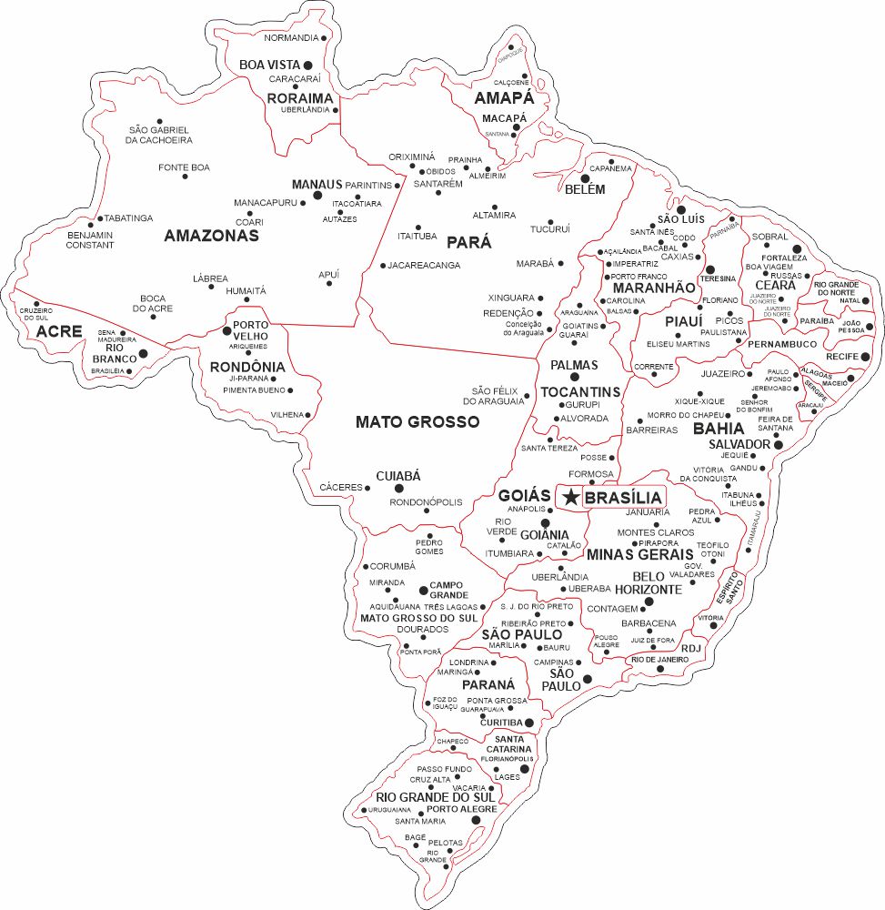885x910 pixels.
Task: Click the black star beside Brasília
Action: click(569, 497)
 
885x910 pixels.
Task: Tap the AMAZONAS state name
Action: click(211, 236)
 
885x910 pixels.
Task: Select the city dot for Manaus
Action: click(317, 195)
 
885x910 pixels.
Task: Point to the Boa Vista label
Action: click(269, 65)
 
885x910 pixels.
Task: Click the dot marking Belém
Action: click(573, 179)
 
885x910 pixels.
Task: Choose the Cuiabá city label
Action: click(398, 476)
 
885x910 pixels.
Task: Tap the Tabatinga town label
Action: click(128, 218)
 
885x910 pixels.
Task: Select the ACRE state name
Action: click(59, 332)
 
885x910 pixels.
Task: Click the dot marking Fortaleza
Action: click(797, 248)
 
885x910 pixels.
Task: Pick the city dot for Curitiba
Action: click(529, 723)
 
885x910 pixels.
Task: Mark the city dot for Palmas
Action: click(574, 377)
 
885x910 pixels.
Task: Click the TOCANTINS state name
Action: click(580, 391)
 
